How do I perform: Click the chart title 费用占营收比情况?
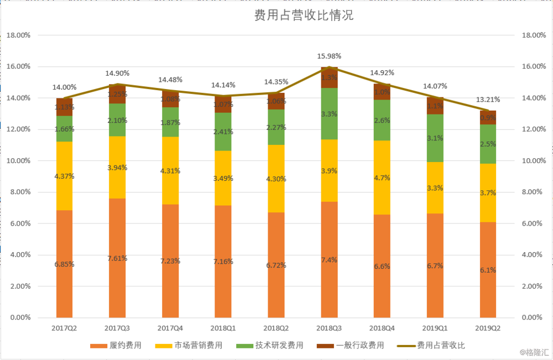click(x=304, y=16)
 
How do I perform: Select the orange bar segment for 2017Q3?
click(x=117, y=258)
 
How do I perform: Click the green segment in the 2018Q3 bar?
click(x=329, y=113)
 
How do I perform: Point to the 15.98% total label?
click(x=329, y=56)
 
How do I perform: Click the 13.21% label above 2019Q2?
click(x=488, y=100)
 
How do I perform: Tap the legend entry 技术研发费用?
click(x=279, y=346)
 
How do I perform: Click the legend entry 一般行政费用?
click(x=359, y=346)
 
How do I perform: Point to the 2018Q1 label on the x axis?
click(x=223, y=328)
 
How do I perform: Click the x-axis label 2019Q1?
click(x=435, y=328)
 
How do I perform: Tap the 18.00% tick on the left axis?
click(x=18, y=35)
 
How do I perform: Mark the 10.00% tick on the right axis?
click(x=534, y=161)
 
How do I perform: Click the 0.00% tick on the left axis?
click(x=20, y=318)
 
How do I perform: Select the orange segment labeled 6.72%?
click(x=276, y=265)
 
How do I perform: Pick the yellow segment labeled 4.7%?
click(x=382, y=178)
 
